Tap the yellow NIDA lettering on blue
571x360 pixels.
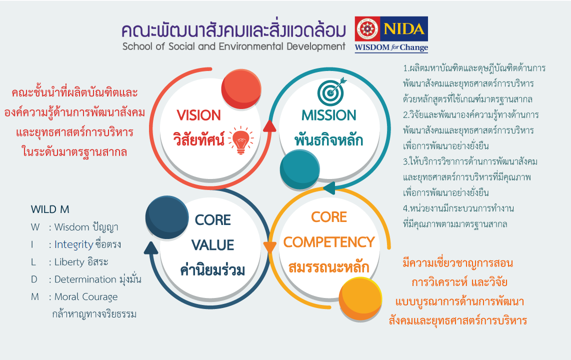point(404,29)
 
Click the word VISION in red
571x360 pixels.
point(199,115)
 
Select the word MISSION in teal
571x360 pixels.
point(329,115)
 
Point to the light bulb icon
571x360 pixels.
point(240,140)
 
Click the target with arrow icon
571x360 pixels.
point(331,91)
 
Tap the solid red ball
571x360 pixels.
point(241,89)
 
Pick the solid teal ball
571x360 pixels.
point(299,169)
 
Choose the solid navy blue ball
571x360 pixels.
point(167,217)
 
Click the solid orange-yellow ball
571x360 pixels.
point(360,299)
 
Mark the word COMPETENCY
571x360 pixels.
point(329,242)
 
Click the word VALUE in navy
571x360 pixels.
point(212,245)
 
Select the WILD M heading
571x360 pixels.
point(50,209)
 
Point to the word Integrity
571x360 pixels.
point(74,244)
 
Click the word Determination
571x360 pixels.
point(85,279)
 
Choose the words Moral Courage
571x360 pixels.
point(86,297)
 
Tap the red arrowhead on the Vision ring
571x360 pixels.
point(269,126)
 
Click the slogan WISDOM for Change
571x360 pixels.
point(391,47)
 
